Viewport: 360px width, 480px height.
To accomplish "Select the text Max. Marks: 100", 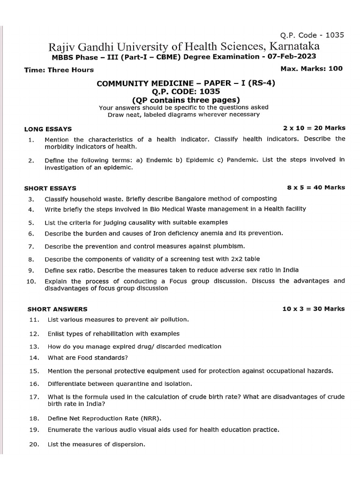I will click(x=311, y=68).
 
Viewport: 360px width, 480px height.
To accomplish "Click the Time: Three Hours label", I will click(x=59, y=70).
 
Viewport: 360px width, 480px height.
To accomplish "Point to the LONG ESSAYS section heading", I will click(x=48, y=129).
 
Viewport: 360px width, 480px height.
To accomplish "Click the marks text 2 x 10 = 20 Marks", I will click(x=314, y=128).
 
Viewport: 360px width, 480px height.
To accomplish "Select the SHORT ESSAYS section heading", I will click(x=50, y=188).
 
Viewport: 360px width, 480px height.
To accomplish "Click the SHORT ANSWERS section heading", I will click(x=57, y=309).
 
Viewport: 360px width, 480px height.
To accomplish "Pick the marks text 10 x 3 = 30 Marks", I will click(x=313, y=309).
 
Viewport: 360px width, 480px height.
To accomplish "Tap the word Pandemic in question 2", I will click(x=242, y=160).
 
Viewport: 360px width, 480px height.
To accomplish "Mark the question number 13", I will click(x=33, y=346).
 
